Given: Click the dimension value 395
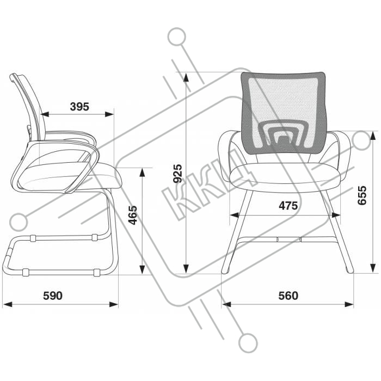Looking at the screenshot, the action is coord(79,107).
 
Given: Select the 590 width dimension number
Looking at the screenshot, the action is coord(53,296).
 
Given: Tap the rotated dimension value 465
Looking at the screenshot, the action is coord(133,215).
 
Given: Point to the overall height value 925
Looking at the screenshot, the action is coord(177,174).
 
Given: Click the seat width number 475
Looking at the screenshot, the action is coord(288,206).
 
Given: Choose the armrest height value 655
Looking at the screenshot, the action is coord(362,195).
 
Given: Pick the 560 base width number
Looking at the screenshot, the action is coord(288,296).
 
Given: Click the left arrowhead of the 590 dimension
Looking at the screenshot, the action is coord(7,304).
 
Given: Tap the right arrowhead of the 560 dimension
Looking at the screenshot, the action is coord(349,304).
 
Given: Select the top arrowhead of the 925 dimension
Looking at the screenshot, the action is coord(186,77).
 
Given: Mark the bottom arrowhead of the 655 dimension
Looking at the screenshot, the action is coord(372,268).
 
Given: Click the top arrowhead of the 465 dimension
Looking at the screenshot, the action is coord(143,173).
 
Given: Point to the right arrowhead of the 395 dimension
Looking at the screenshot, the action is coord(109,114).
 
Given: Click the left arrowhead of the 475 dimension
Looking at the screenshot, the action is coord(234,215).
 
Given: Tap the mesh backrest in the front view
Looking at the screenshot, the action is coord(284,113).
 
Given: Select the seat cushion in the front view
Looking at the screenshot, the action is coord(284,175).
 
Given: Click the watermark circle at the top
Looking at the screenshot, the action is coord(177,36).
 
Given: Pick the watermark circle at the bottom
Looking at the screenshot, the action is coord(248,343).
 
